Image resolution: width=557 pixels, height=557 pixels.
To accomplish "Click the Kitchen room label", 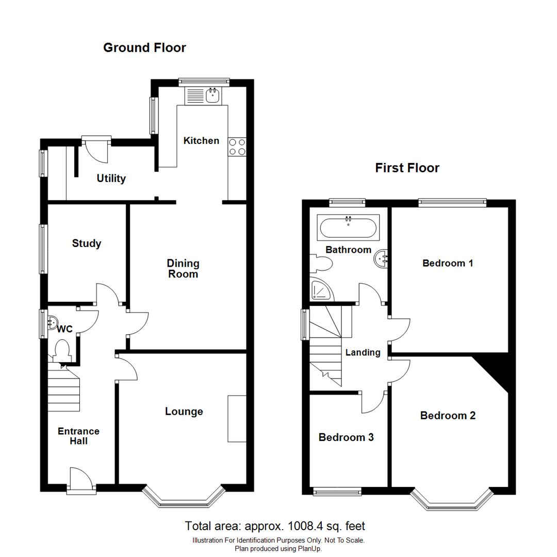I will tap(201, 141).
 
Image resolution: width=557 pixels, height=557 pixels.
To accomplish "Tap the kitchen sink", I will tap(212, 95).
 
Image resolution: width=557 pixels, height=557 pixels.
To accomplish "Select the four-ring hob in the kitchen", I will tap(237, 147).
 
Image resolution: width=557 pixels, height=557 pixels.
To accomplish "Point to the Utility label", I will tap(111, 179).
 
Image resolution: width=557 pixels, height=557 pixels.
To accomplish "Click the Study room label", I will tap(87, 243).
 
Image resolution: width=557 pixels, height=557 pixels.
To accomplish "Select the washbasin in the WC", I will tap(51, 323).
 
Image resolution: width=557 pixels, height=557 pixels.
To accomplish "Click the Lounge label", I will tap(184, 412).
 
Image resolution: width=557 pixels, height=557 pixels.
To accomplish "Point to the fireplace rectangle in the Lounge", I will tap(237, 418).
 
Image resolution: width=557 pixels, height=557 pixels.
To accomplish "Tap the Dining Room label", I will tap(183, 269).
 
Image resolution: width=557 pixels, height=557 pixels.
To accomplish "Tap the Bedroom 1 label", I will tap(448, 264).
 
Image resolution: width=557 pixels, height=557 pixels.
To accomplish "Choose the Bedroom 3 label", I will tap(346, 438).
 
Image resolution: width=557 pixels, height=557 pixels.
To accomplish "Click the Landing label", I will tap(363, 353).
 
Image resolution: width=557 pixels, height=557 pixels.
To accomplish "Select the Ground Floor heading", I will tap(144, 48).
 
